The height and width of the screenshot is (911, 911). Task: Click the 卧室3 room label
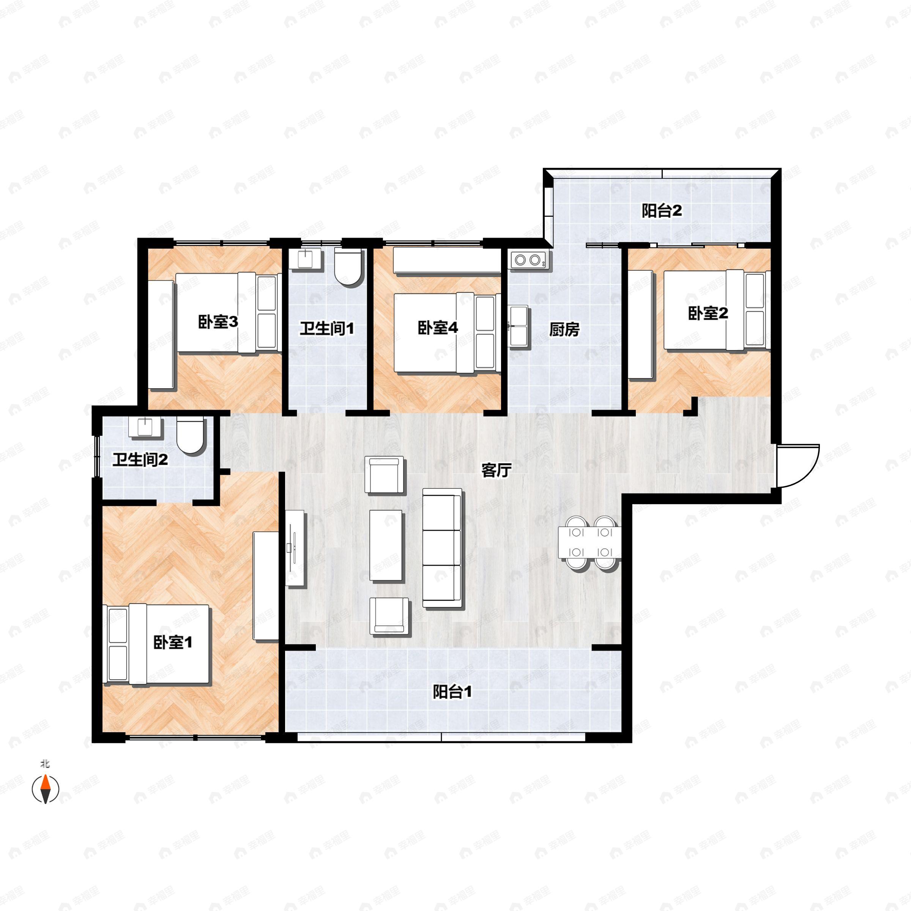click(x=218, y=323)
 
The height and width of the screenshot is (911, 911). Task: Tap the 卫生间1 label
click(x=327, y=329)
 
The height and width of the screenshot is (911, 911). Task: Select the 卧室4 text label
click(x=438, y=328)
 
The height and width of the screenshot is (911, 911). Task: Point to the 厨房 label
click(x=564, y=329)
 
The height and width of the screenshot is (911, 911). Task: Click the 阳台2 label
click(x=662, y=211)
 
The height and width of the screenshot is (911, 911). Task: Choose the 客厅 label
click(x=496, y=470)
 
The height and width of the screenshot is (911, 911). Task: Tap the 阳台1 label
click(x=452, y=692)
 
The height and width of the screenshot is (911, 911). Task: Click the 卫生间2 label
click(x=140, y=460)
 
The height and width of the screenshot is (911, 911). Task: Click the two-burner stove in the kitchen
click(x=528, y=260)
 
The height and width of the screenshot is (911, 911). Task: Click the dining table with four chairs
click(x=589, y=543)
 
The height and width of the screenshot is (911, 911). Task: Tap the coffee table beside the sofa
click(x=386, y=545)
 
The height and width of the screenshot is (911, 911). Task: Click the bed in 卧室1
click(x=156, y=644)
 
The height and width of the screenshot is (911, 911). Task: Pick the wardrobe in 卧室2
click(x=640, y=325)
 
